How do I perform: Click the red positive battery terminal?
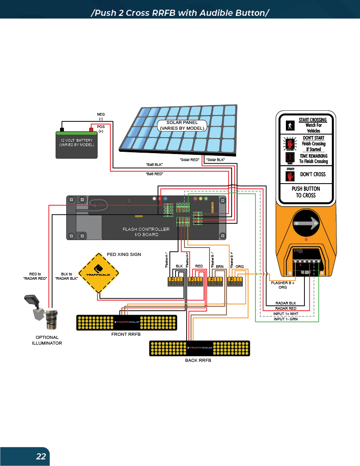tap(92, 129)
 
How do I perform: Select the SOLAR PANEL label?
tap(181, 125)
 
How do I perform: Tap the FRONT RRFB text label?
tap(126, 334)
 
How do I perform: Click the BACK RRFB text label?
tap(198, 360)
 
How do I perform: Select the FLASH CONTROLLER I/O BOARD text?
tap(146, 232)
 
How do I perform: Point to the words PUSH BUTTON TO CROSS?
tap(306, 192)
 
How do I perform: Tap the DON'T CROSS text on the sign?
tap(313, 174)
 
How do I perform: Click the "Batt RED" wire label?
tap(154, 174)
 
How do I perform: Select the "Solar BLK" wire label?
tap(216, 159)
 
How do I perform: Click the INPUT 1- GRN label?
tap(285, 319)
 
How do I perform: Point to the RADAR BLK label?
tap(285, 303)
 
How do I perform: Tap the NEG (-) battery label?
tap(101, 116)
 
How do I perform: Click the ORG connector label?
tap(240, 267)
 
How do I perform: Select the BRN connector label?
tap(220, 267)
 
